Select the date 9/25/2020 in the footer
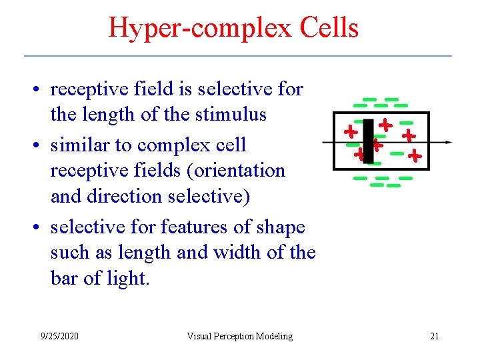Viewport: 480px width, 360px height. coord(59,336)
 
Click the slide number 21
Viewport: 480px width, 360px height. coord(434,336)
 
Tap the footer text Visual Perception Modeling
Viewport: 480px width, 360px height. coord(239,336)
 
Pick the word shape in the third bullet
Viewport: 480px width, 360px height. coord(279,227)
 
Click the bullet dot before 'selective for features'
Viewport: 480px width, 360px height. coord(41,228)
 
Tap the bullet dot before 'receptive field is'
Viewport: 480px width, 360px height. coord(41,89)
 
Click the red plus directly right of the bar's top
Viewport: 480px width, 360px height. coord(385,125)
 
